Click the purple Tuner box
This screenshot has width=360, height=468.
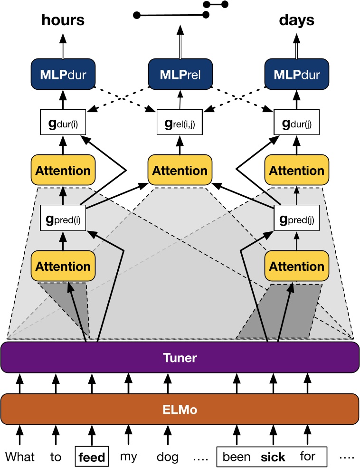(x=180, y=357)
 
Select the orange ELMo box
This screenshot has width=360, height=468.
(x=180, y=409)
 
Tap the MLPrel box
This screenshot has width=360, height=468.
(x=180, y=74)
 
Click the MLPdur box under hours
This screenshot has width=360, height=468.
(x=63, y=74)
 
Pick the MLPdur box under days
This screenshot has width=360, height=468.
(x=296, y=74)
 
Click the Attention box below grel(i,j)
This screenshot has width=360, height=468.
(x=180, y=171)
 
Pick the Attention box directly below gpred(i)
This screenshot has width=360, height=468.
(x=63, y=266)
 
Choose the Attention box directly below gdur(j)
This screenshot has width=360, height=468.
(x=297, y=171)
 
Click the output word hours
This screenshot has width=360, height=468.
(x=63, y=20)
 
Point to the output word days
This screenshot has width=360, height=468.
(x=296, y=20)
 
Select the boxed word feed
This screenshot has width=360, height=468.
(x=91, y=457)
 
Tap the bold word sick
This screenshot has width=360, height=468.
(x=273, y=457)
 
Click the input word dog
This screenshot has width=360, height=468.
(x=168, y=457)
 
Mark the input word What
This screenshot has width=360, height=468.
(x=20, y=457)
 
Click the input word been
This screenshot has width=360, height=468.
(x=237, y=457)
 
